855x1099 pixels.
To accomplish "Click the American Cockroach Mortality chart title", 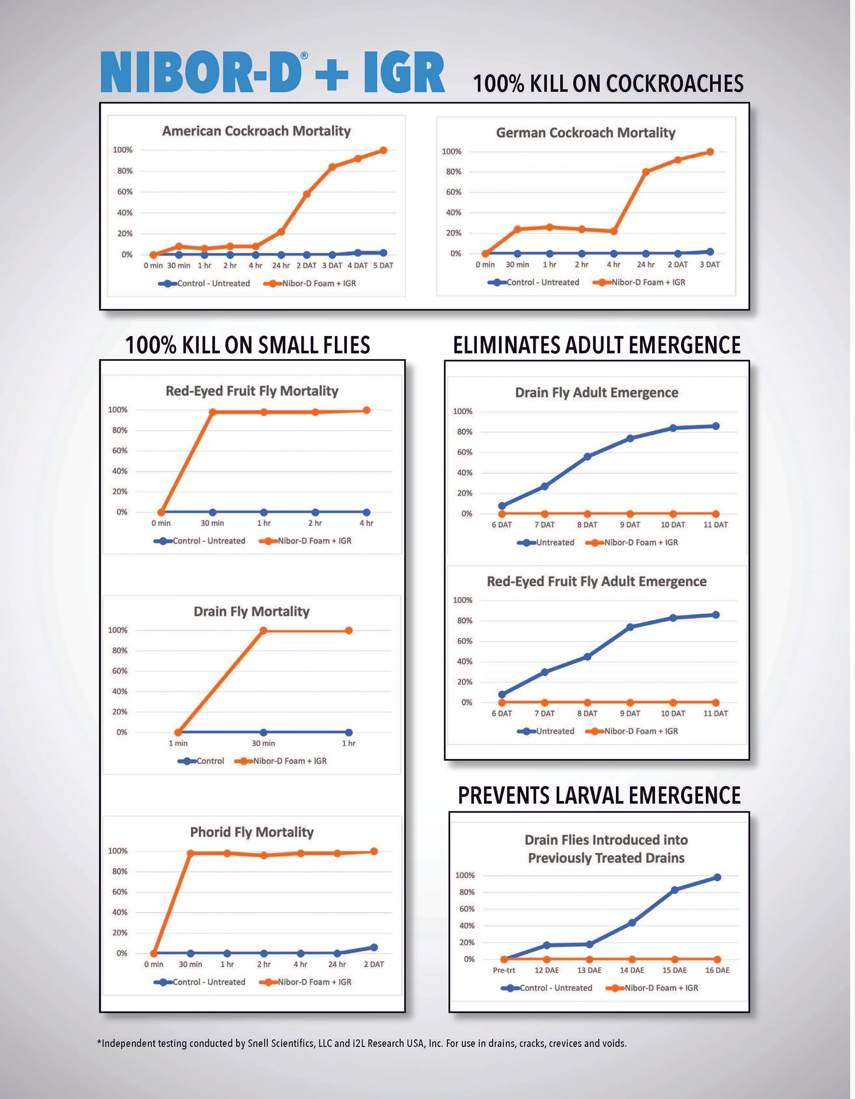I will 256,131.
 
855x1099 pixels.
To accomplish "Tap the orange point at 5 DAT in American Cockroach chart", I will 383,150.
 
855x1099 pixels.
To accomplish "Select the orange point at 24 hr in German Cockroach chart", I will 646,172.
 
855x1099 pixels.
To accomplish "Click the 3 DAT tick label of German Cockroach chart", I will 709,264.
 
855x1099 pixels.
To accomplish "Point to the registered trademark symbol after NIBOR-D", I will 304,56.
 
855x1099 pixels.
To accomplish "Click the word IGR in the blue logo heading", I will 404,72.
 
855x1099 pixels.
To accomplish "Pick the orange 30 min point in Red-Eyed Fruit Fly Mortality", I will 212,412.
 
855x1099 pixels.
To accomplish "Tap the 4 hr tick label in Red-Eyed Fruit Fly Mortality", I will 366,523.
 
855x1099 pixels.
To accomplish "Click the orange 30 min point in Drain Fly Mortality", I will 263,631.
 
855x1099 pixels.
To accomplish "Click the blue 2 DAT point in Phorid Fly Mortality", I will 374,947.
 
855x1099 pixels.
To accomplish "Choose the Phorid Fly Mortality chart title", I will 251,832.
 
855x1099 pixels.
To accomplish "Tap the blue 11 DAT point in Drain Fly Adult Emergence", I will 716,426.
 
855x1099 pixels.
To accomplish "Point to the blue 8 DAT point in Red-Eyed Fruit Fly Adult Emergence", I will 587,657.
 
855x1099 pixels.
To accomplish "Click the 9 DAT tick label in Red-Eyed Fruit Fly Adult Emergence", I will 630,713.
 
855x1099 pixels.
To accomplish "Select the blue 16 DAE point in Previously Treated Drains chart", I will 717,877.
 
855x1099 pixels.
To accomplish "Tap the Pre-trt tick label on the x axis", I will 504,970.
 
